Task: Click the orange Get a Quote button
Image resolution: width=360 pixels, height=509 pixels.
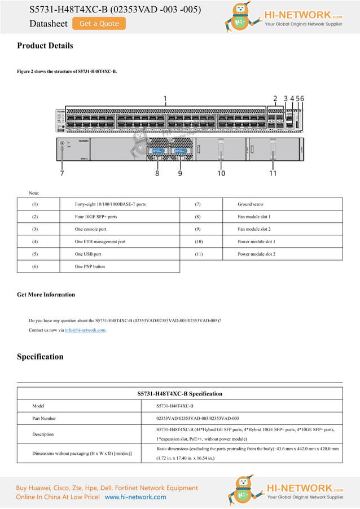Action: [x=99, y=24]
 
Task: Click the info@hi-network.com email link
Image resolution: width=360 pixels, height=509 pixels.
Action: [x=85, y=330]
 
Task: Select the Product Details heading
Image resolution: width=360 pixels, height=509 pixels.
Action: [x=45, y=46]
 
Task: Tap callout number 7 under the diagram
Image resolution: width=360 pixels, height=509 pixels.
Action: [x=62, y=173]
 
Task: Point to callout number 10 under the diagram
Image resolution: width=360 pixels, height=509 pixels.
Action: [x=221, y=173]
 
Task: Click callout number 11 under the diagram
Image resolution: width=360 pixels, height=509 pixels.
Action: [x=273, y=173]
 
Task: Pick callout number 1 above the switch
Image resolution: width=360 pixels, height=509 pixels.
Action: [x=165, y=99]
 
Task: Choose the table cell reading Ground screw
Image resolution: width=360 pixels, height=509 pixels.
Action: [x=251, y=204]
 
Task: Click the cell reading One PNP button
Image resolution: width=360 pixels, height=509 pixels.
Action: [x=90, y=266]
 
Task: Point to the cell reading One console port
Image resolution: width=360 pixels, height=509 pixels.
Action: [x=90, y=229]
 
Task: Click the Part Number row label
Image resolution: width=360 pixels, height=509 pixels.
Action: [x=44, y=419]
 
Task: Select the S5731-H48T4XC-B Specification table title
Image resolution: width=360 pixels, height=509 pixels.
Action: [x=179, y=394]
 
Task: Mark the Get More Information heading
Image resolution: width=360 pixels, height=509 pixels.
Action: [x=46, y=295]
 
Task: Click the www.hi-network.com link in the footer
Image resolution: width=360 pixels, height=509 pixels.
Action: [x=135, y=497]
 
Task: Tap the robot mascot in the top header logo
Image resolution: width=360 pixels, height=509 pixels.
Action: [x=239, y=17]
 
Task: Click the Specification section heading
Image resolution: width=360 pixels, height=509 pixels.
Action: [x=40, y=357]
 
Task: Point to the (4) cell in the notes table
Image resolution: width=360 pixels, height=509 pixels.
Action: [x=35, y=242]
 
